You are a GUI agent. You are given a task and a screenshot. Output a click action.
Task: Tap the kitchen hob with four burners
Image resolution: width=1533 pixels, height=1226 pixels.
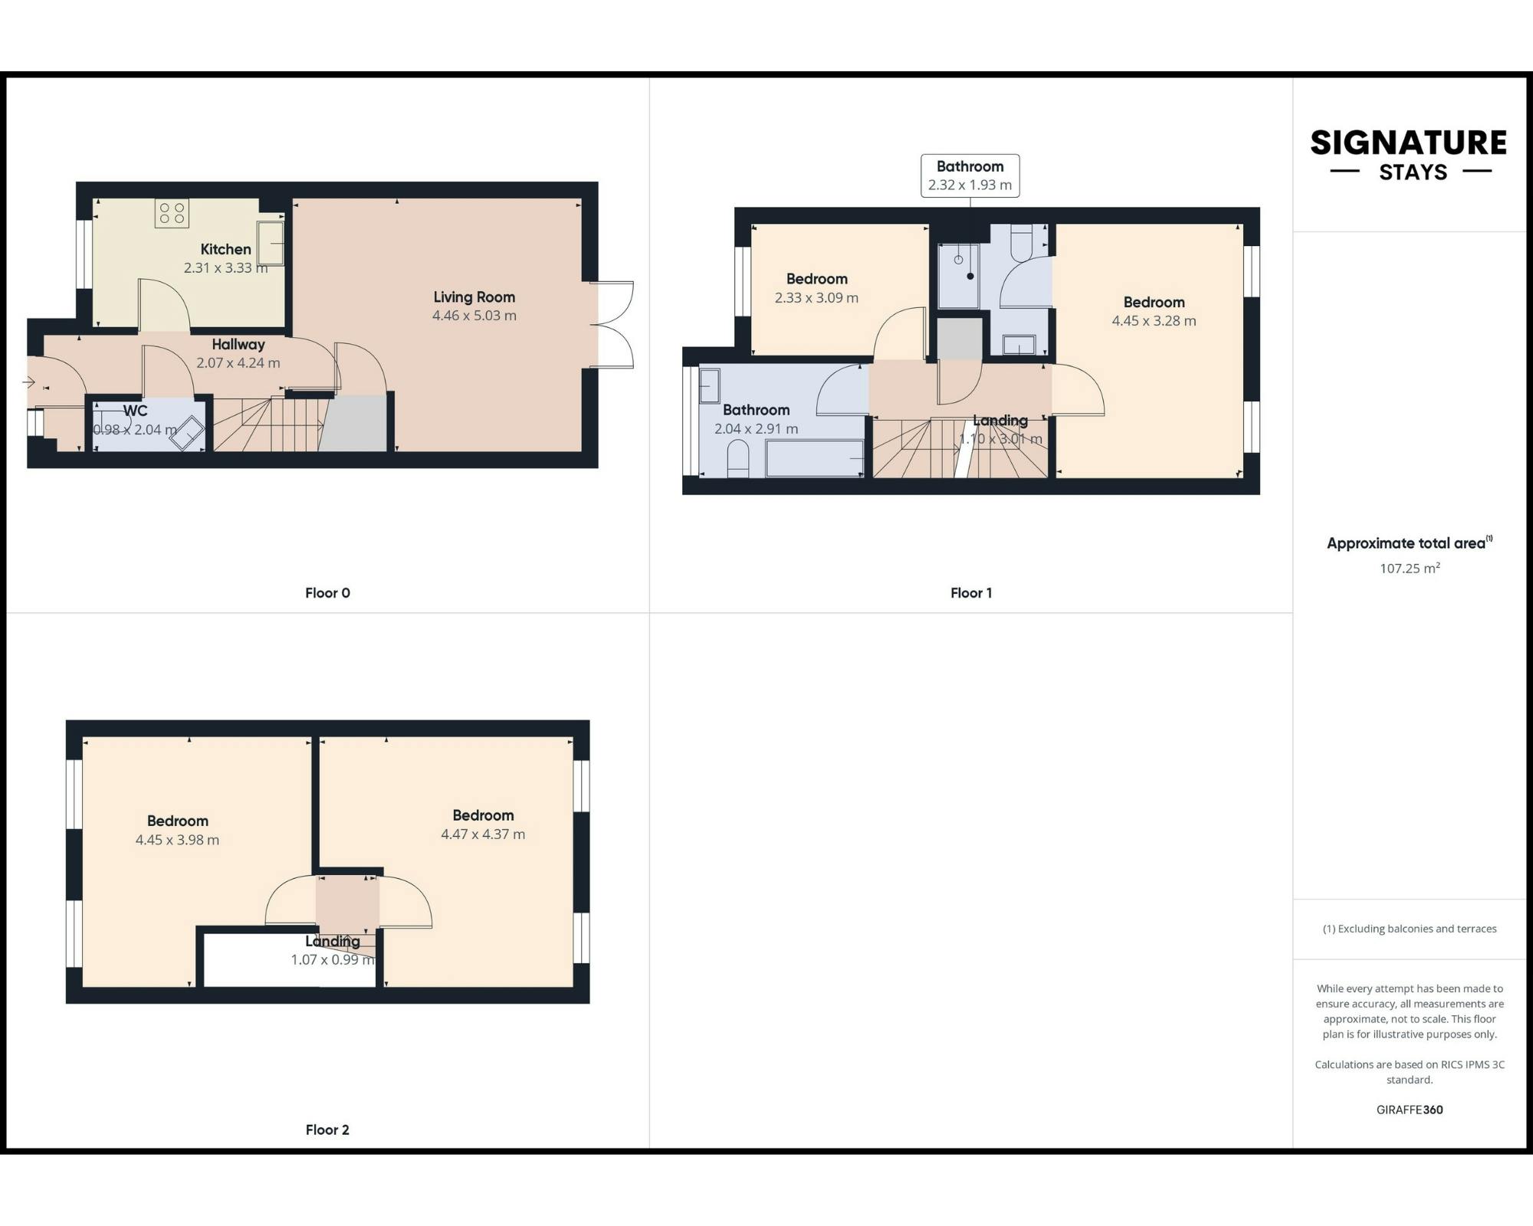pyautogui.click(x=172, y=213)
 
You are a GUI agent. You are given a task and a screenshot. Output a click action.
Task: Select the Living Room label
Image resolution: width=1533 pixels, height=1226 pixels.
pyautogui.click(x=474, y=297)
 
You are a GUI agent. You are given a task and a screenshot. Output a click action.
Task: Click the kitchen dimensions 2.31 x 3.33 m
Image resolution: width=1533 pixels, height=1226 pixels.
pyautogui.click(x=225, y=267)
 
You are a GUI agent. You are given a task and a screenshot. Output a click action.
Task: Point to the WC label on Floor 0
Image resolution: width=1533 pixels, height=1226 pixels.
pyautogui.click(x=135, y=411)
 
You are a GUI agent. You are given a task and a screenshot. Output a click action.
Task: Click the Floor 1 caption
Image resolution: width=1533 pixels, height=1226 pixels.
pyautogui.click(x=970, y=592)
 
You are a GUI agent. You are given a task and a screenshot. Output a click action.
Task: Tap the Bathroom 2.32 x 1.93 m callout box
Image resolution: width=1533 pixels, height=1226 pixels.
pyautogui.click(x=970, y=175)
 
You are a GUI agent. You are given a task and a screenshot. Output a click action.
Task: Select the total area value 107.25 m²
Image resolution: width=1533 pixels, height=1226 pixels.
pyautogui.click(x=1409, y=568)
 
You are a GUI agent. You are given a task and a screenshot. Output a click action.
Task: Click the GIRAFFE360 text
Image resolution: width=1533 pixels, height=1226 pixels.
pyautogui.click(x=1409, y=1109)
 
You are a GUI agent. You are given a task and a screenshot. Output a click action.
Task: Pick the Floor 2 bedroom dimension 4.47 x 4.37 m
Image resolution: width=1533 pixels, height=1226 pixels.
pyautogui.click(x=483, y=834)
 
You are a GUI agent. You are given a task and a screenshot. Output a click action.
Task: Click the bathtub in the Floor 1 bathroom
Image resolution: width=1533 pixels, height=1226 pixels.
pyautogui.click(x=814, y=458)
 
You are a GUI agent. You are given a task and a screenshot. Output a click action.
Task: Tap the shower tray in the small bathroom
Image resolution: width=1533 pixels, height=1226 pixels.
pyautogui.click(x=959, y=276)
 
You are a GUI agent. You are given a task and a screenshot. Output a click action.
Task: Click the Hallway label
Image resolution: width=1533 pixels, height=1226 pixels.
pyautogui.click(x=238, y=344)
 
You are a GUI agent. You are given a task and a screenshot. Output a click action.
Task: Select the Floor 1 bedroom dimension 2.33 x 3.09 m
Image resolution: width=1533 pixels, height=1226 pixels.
pyautogui.click(x=816, y=297)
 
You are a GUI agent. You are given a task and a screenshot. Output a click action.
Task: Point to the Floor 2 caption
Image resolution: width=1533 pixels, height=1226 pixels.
pyautogui.click(x=327, y=1129)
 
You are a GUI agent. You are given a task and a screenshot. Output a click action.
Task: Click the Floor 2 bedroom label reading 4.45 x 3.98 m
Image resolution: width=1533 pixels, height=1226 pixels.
pyautogui.click(x=177, y=839)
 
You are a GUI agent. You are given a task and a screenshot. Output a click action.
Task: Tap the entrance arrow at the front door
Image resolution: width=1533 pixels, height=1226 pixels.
pyautogui.click(x=30, y=382)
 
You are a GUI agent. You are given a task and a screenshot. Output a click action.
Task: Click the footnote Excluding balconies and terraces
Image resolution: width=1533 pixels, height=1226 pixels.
pyautogui.click(x=1409, y=928)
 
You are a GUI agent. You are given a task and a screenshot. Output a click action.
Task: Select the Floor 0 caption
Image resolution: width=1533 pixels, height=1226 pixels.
pyautogui.click(x=327, y=592)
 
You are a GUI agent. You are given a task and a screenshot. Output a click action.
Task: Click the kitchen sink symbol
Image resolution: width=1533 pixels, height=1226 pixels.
pyautogui.click(x=271, y=243)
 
